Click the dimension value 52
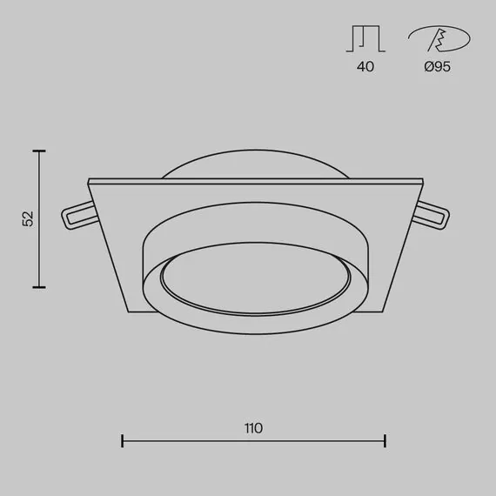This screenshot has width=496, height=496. [x=28, y=218]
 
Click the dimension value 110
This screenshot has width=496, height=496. [x=253, y=427]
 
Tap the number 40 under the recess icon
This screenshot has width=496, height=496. [x=365, y=67]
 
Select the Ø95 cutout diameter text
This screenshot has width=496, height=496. [x=438, y=67]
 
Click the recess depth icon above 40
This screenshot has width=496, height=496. [x=365, y=38]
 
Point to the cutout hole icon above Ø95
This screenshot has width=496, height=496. [x=439, y=40]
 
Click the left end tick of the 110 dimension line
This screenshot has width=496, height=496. [x=122, y=441]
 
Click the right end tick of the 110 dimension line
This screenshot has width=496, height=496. [x=385, y=441]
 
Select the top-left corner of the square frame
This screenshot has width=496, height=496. [x=89, y=180]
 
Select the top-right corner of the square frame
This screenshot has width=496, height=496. [x=423, y=180]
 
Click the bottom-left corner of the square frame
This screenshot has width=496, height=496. [x=128, y=312]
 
